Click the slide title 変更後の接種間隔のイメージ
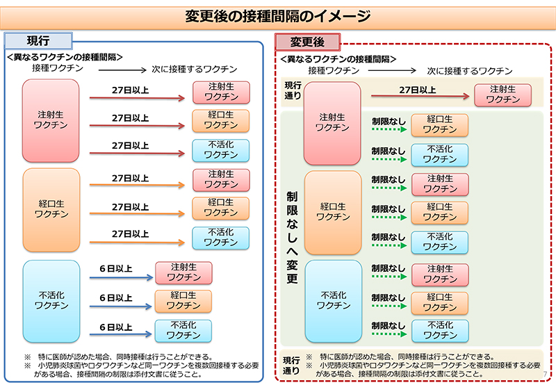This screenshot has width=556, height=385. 278,15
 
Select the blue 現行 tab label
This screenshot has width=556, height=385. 38,40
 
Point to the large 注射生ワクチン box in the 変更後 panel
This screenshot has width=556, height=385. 332,123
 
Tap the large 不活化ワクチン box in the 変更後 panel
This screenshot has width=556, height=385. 332,300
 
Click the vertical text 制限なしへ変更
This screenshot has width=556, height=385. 292,236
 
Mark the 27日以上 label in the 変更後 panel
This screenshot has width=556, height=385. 417,90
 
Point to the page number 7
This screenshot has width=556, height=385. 544,376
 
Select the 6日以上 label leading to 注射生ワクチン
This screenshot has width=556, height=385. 115,268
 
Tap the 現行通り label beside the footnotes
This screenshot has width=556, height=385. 291,366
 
